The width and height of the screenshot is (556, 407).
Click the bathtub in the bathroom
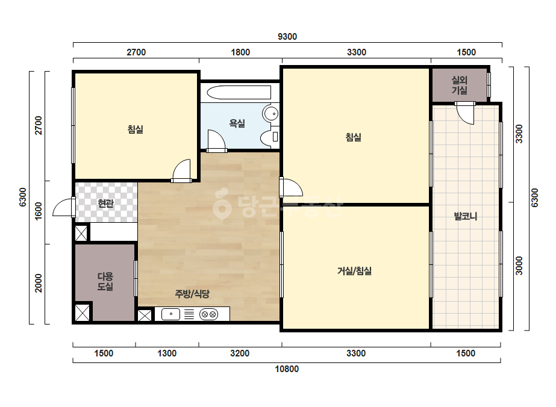pos(239,93)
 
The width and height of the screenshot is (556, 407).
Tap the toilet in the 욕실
pos(270,137)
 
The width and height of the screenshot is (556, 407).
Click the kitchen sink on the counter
pos(170,314)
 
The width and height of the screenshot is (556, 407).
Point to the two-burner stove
pos(208,314)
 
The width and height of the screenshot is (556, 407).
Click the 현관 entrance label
pos(105,203)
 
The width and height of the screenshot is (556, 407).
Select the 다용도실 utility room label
pos(105,282)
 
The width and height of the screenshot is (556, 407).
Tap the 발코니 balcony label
pos(466,216)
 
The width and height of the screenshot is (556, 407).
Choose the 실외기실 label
pos(459,85)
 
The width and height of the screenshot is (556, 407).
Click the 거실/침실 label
pos(354,271)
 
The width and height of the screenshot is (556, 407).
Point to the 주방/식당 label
pos(192,294)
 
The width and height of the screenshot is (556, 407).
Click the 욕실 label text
pos(237,123)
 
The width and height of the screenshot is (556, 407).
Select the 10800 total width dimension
pos(287,369)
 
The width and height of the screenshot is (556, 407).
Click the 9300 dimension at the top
pos(287,37)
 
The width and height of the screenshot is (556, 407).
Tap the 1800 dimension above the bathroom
pos(240,52)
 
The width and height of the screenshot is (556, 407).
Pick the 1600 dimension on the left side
pos(39,211)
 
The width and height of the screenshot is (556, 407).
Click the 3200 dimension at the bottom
pos(240,353)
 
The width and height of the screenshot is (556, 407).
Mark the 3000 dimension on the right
pos(519,266)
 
